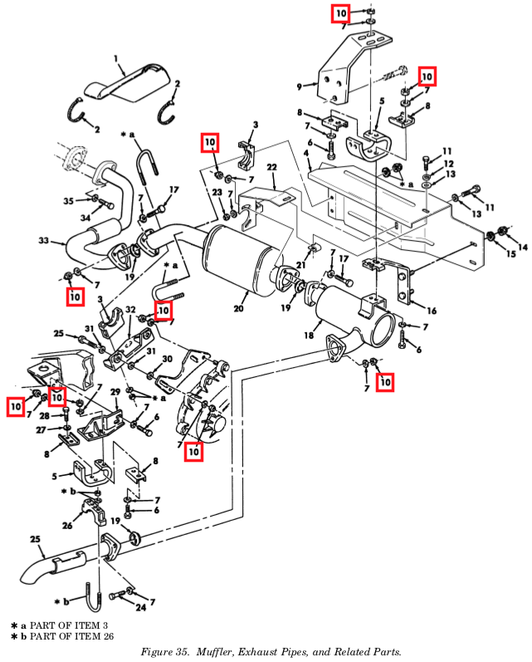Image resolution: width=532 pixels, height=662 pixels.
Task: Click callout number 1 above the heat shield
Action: pyautogui.click(x=116, y=60)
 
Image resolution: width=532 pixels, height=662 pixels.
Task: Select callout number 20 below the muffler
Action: pyautogui.click(x=238, y=309)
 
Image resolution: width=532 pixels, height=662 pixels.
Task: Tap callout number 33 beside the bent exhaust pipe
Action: pyautogui.click(x=43, y=241)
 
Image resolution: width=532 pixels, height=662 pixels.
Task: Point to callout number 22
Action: pyautogui.click(x=271, y=168)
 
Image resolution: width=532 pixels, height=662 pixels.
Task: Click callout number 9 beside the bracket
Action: pyautogui.click(x=299, y=87)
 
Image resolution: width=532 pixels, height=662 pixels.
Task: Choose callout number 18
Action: pyautogui.click(x=309, y=336)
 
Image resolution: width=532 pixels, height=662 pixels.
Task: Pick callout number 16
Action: pyautogui.click(x=432, y=311)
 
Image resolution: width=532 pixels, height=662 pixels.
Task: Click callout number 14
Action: pyautogui.click(x=523, y=247)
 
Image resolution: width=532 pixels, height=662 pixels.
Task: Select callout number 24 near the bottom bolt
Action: pyautogui.click(x=140, y=607)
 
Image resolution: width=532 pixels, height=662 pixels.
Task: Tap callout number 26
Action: pyautogui.click(x=67, y=526)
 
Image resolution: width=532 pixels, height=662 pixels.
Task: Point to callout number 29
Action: pyautogui.click(x=115, y=393)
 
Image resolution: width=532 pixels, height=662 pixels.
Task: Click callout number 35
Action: pyautogui.click(x=69, y=201)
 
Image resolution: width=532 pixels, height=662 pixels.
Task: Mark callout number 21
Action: pyautogui.click(x=300, y=265)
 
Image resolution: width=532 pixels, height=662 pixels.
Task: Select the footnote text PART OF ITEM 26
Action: pyautogui.click(x=71, y=635)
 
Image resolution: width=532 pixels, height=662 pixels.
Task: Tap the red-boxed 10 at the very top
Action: pyautogui.click(x=340, y=14)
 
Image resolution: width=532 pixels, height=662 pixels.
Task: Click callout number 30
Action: pyautogui.click(x=167, y=359)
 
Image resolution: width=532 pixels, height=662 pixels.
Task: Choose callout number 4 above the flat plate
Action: pyautogui.click(x=306, y=153)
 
